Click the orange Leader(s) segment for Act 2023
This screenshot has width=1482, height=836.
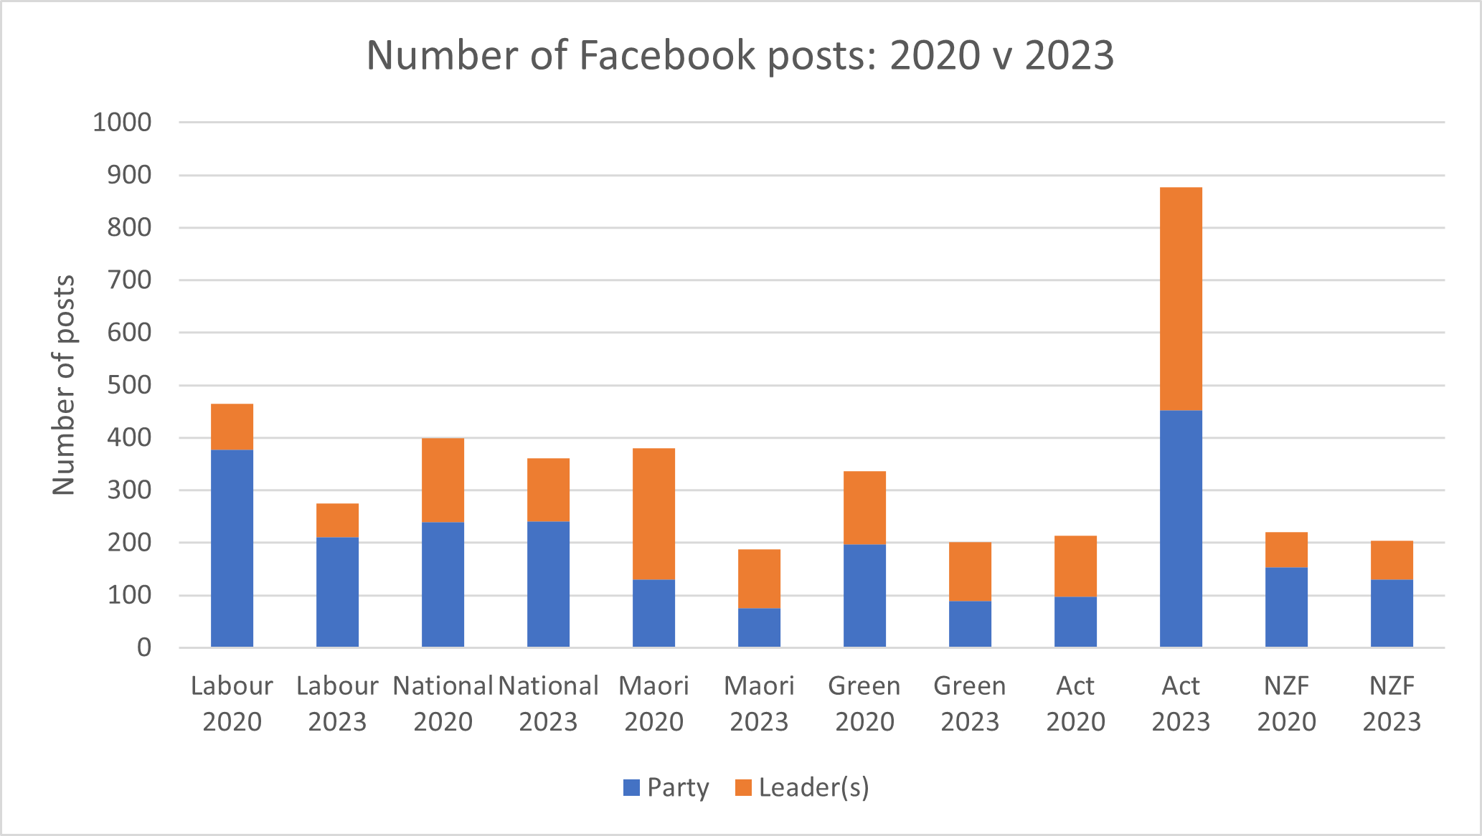pos(1181,299)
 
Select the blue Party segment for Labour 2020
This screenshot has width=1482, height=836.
pos(232,548)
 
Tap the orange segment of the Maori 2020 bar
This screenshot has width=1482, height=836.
pos(653,514)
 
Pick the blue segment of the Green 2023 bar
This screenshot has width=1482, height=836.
pos(970,624)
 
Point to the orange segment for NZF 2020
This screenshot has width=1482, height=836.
pos(1286,550)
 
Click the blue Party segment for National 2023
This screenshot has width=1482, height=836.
pos(548,584)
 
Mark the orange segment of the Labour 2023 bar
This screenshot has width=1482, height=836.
pos(337,521)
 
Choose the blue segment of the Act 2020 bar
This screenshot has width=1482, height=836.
pos(1075,622)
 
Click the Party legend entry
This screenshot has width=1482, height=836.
pos(666,787)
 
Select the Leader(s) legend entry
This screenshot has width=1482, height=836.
pos(803,787)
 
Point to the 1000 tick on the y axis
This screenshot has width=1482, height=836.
pos(122,123)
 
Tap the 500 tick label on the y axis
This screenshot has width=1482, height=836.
pos(129,385)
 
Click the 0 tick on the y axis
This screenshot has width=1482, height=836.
pos(144,647)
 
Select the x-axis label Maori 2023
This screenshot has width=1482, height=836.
pos(759,703)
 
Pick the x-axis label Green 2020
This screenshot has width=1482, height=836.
pos(864,703)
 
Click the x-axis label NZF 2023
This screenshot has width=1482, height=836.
pos(1392,703)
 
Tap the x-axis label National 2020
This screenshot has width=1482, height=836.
pos(443,703)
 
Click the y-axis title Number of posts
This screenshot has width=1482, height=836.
pos(64,385)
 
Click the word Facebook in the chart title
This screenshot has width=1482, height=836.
pos(667,55)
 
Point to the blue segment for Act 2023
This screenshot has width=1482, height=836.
pos(1181,529)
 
